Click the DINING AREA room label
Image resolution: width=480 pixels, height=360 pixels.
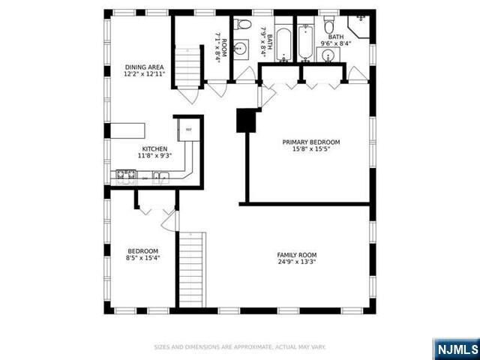coord(144,67)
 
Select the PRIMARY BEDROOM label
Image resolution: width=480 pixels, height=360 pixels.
coord(310,142)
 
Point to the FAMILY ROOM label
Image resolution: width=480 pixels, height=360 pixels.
coord(297,254)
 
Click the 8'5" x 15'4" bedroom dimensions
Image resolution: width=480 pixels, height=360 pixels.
coord(142,257)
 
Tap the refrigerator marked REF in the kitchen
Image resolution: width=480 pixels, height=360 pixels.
coord(189,130)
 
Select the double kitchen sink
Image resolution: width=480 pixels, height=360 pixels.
coord(160,178)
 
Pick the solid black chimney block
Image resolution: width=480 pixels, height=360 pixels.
coord(246,120)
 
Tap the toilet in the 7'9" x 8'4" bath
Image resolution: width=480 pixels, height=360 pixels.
coord(243,25)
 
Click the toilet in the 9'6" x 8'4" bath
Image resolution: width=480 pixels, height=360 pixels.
coord(329,25)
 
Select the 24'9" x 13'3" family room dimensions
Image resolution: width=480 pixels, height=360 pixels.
coord(297,262)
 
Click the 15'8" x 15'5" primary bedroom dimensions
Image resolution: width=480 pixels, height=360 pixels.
coord(310,149)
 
